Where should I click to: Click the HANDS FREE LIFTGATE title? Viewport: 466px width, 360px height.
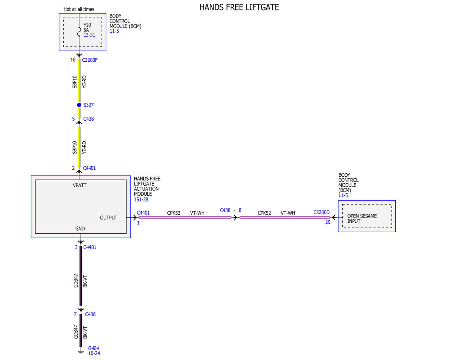tap(239, 7)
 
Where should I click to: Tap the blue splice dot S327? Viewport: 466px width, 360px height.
tap(79, 105)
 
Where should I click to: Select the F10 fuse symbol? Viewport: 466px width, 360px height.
tap(79, 32)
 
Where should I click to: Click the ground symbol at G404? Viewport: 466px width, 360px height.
tap(81, 352)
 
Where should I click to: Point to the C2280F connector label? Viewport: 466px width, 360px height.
tap(90, 60)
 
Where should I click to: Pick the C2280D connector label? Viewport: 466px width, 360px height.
tap(321, 212)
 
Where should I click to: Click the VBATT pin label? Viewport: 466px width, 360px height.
tap(80, 186)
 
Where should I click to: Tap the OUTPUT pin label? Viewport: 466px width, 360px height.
tap(108, 218)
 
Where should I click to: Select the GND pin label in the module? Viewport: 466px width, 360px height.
tap(80, 229)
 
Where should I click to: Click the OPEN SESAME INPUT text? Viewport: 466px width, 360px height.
tap(362, 219)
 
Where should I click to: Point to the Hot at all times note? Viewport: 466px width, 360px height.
tap(79, 9)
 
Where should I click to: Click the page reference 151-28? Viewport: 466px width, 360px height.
tap(141, 200)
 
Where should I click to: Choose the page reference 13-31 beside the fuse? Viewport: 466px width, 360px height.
tap(89, 35)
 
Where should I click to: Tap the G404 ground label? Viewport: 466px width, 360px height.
tap(94, 348)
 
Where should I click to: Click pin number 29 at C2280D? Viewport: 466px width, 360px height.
tap(328, 223)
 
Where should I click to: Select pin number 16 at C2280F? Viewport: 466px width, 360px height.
tap(73, 59)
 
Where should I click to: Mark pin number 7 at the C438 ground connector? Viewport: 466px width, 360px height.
tap(75, 314)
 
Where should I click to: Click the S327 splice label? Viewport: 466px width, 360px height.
tap(89, 105)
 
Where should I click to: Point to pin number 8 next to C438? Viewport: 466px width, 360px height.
tap(240, 210)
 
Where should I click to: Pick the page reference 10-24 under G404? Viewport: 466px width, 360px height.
tap(94, 353)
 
